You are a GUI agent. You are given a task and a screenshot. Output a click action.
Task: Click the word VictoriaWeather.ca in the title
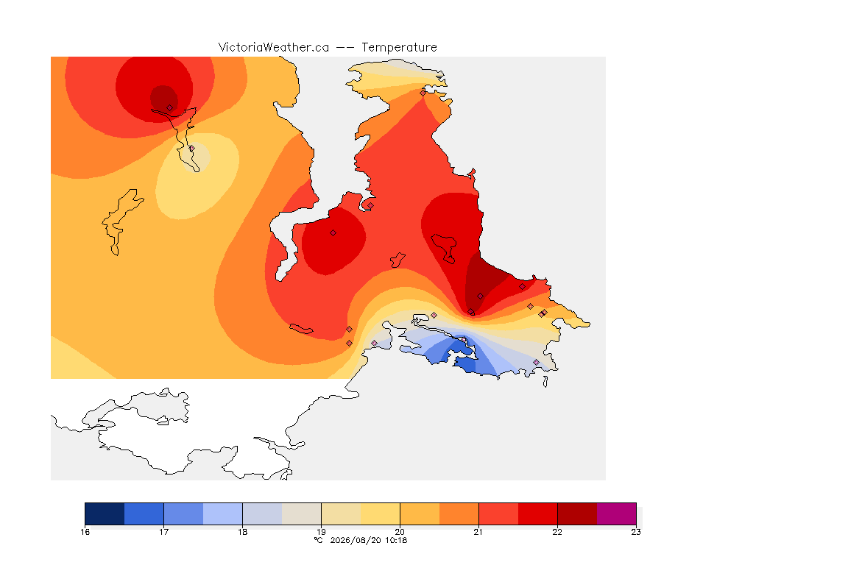274,48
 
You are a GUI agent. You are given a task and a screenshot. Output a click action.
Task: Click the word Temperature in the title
399,48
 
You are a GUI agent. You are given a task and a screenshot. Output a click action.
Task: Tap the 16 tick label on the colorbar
85,532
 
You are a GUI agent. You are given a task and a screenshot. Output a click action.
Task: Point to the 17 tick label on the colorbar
164,532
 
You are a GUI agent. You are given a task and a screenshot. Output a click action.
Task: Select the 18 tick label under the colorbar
243,532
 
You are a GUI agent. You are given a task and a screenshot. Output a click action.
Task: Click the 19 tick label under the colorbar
321,532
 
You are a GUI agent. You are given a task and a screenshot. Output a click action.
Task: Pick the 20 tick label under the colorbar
400,532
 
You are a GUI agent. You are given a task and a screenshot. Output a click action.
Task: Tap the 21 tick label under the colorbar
478,532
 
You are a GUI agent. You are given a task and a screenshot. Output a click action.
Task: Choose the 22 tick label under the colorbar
557,532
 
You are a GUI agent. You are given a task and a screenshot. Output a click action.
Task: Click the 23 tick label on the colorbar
636,532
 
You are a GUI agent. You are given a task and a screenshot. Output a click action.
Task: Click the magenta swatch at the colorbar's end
617,514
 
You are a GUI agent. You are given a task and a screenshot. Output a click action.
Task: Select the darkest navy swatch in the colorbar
105,514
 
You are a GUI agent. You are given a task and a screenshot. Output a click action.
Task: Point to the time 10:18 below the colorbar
396,540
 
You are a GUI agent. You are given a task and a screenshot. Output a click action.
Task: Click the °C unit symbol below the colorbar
319,540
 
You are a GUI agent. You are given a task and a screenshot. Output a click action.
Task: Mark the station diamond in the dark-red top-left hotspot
170,108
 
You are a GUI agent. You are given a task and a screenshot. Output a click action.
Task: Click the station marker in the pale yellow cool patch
191,148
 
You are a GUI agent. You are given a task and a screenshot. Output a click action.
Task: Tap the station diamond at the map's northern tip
423,93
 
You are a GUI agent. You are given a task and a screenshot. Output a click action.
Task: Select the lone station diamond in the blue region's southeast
536,362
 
